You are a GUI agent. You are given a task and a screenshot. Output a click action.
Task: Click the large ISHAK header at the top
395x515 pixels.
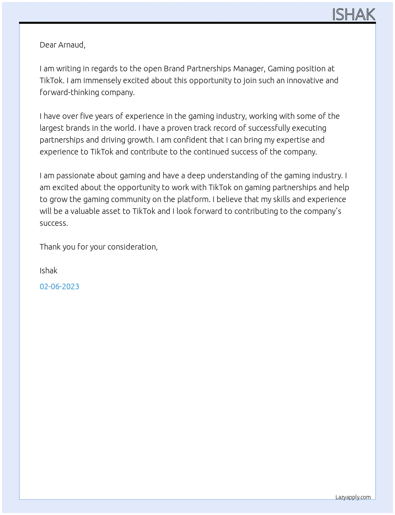353,14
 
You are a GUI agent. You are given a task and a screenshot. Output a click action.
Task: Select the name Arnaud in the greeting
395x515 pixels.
71,45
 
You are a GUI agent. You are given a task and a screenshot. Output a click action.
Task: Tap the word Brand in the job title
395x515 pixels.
174,69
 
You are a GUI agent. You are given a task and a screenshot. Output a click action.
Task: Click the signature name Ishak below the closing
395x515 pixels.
48,271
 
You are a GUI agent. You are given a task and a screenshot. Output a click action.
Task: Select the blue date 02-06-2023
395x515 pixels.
59,286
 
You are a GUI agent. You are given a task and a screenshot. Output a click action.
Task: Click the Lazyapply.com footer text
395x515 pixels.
353,497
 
